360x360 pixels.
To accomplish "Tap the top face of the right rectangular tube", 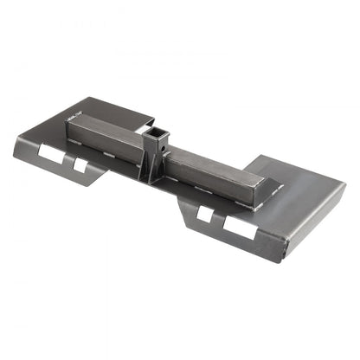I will pyautogui.click(x=216, y=162).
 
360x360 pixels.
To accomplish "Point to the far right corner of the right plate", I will pyautogui.click(x=345, y=184).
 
